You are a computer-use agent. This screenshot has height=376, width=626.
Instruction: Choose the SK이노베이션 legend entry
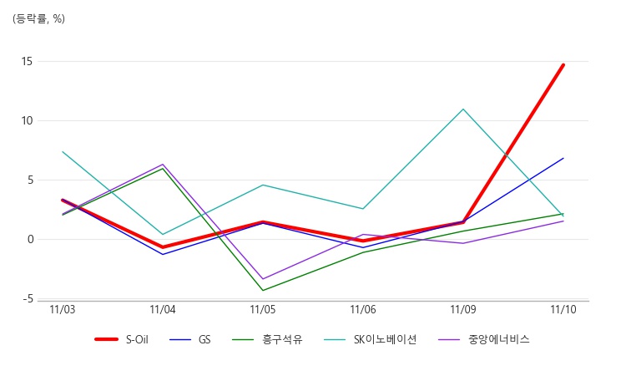click(x=384, y=339)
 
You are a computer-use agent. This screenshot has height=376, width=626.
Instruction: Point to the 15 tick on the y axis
click(x=28, y=61)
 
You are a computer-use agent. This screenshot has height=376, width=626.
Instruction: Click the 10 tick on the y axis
click(x=28, y=120)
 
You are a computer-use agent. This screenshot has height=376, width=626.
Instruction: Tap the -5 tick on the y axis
click(x=28, y=298)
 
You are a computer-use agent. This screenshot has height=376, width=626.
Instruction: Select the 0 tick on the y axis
click(x=30, y=239)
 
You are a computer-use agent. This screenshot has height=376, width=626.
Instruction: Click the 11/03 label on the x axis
click(x=63, y=309)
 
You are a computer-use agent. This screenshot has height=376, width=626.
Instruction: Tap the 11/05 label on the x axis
click(x=263, y=309)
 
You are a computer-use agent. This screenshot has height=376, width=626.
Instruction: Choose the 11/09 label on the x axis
click(x=463, y=309)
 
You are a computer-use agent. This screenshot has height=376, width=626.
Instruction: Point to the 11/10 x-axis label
click(x=563, y=309)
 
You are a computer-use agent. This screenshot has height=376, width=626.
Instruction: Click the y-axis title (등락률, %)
click(x=38, y=19)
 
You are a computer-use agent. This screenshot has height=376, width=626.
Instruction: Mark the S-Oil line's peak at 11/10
click(x=563, y=64)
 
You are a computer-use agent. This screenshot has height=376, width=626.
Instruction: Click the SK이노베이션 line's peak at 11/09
click(x=463, y=109)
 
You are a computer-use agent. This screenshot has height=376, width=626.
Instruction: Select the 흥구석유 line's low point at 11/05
click(x=263, y=290)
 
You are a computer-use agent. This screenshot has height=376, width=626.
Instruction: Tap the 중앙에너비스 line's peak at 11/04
click(x=163, y=164)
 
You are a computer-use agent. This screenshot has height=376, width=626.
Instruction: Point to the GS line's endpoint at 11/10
click(x=563, y=158)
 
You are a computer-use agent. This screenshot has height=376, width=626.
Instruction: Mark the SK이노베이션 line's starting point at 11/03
click(x=63, y=151)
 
